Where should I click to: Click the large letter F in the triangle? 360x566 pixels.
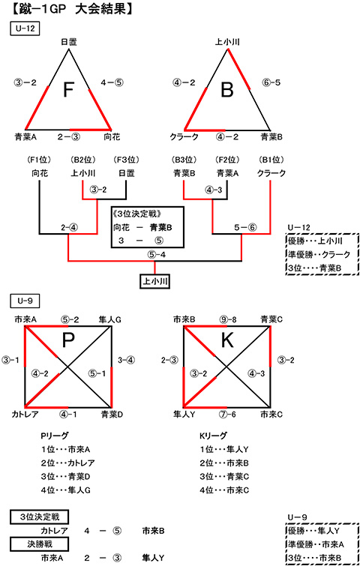click(x=68, y=89)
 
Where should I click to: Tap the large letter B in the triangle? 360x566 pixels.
click(x=227, y=89)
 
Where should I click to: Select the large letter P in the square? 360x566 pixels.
click(x=68, y=340)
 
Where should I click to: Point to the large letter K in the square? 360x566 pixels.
click(x=227, y=340)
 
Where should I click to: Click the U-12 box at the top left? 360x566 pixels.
click(x=24, y=29)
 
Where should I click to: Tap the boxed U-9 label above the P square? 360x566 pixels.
click(x=24, y=301)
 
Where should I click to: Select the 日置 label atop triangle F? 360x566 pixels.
click(x=68, y=43)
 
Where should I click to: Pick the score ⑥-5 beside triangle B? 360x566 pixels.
click(x=271, y=82)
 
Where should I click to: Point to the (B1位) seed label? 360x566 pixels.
click(x=271, y=159)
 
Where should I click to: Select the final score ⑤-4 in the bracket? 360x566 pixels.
click(x=156, y=255)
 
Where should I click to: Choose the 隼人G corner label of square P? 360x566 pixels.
click(x=110, y=319)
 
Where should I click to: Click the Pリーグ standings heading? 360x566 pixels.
click(x=54, y=436)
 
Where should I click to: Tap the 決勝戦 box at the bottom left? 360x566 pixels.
click(x=39, y=543)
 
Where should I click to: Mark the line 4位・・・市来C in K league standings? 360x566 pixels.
click(x=224, y=490)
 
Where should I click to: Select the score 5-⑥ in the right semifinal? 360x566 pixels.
click(x=245, y=228)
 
